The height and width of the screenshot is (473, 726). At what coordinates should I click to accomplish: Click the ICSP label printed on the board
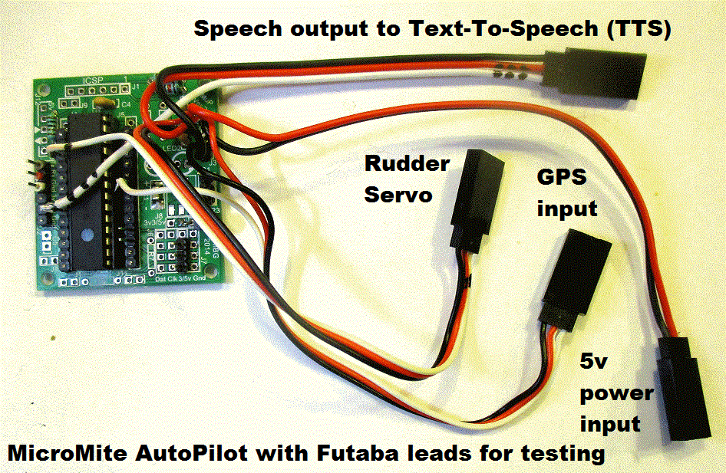click(x=90, y=79)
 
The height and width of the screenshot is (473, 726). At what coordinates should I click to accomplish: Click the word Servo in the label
click(x=398, y=195)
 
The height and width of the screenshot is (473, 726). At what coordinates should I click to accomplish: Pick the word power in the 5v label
click(x=616, y=394)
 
